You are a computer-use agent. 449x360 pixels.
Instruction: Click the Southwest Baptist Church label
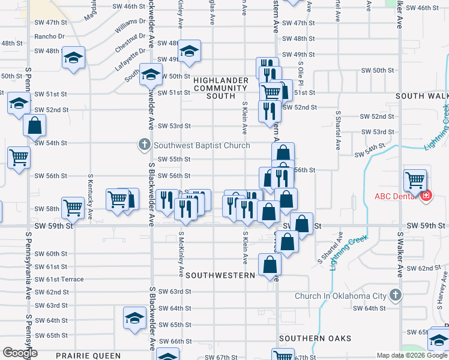[202, 145]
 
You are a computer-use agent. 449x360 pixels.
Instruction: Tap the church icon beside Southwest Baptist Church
[144, 145]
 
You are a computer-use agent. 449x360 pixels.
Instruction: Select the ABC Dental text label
[396, 196]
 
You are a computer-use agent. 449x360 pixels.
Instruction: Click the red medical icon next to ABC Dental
[426, 196]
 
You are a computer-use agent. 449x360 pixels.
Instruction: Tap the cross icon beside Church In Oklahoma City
[395, 295]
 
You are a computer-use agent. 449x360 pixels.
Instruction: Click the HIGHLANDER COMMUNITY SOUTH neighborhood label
[221, 88]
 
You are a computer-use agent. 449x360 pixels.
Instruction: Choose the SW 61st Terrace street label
[59, 280]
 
